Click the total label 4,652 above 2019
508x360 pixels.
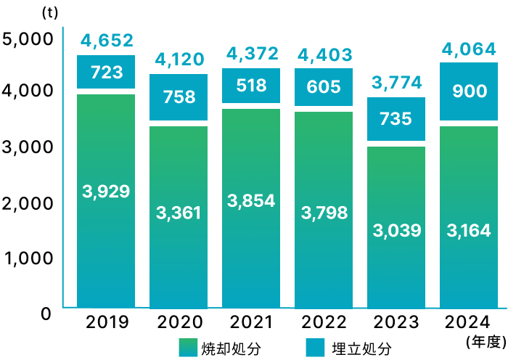pos(106,41)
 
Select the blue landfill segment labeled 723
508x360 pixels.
pos(106,72)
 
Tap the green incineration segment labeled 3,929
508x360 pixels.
pos(106,192)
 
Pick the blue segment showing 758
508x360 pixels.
pos(179,97)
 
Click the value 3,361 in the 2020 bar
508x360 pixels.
pos(179,213)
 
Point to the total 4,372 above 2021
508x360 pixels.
pos(251,53)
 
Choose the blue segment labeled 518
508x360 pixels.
pos(251,86)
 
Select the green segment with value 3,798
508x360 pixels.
pos(324,213)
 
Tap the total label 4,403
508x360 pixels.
pos(324,54)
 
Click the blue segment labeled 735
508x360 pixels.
pos(396,119)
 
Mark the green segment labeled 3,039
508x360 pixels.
pos(396,231)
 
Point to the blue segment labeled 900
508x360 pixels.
pos(469,91)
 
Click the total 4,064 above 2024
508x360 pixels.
pos(469,49)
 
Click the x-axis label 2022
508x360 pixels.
pos(324,322)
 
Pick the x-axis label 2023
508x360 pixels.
pos(396,322)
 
